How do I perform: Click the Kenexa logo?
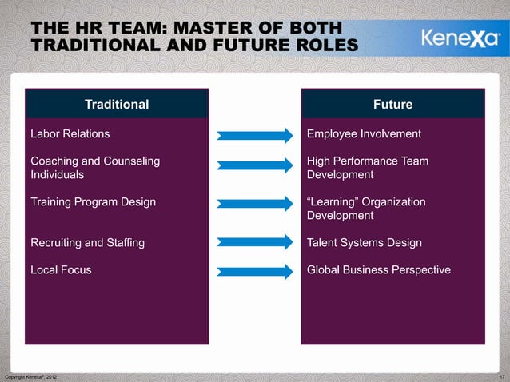click(457, 38)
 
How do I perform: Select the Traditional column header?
click(117, 104)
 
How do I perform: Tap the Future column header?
click(392, 104)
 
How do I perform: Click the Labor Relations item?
click(70, 133)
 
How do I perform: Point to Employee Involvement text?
click(364, 133)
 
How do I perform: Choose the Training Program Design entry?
click(93, 202)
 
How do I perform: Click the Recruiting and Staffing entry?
click(87, 242)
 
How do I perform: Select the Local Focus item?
click(61, 270)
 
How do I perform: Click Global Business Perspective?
click(379, 270)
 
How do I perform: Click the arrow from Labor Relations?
click(256, 135)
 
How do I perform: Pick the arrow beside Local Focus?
click(256, 272)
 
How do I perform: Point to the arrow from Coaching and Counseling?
click(256, 165)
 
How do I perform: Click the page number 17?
click(501, 376)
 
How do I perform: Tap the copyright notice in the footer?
click(30, 376)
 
